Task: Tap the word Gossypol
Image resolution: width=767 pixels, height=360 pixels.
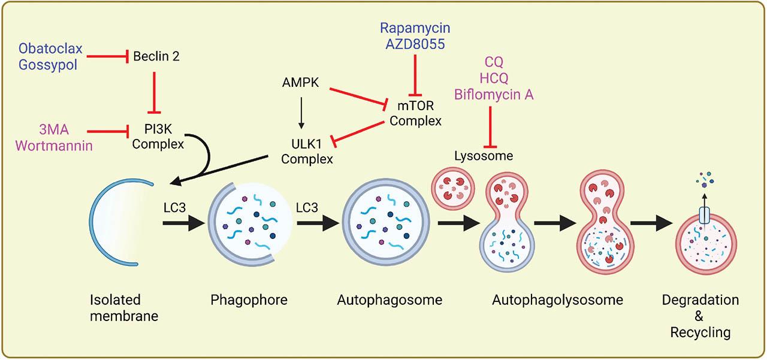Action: [48, 64]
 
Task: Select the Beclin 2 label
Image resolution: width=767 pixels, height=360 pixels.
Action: [156, 57]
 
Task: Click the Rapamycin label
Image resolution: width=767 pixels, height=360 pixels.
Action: [415, 28]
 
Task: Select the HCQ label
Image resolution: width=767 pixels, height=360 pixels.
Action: [493, 78]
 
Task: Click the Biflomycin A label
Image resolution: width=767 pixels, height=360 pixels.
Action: [493, 94]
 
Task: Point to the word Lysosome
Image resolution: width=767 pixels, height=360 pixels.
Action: [484, 156]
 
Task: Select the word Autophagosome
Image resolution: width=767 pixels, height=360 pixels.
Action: [389, 300]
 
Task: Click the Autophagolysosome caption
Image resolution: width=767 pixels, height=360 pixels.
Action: [558, 300]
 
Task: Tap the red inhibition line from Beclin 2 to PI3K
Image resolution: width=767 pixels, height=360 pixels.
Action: [156, 90]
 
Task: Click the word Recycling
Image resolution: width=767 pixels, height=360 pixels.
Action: [700, 332]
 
